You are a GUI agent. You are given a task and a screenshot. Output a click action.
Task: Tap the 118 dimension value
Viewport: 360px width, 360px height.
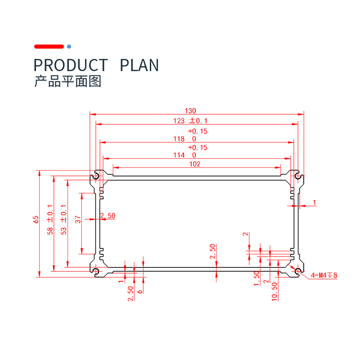[x=179, y=139]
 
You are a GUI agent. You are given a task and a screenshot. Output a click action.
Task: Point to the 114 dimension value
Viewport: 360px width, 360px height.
[x=179, y=155]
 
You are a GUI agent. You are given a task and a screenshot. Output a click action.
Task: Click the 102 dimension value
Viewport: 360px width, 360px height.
[x=194, y=164]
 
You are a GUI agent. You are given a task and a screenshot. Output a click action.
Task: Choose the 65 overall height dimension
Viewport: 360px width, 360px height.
[x=36, y=219]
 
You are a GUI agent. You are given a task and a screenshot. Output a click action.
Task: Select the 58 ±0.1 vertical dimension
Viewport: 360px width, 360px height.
[x=50, y=220]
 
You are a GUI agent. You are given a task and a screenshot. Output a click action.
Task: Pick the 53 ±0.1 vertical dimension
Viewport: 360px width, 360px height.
[x=63, y=220]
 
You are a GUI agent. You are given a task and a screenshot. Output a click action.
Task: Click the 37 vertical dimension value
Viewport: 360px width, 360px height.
[x=77, y=219]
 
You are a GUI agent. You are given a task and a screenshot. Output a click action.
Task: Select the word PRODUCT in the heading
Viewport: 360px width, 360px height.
[x=71, y=65]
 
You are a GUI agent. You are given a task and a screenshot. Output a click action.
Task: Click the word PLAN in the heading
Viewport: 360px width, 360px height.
[x=139, y=65]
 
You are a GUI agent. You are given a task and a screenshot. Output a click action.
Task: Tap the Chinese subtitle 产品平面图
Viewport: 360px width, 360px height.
[x=68, y=81]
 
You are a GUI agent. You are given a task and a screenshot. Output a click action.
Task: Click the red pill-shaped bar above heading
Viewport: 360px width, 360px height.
[x=49, y=46]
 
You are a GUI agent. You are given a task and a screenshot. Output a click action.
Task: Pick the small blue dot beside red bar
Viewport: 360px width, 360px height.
[x=69, y=46]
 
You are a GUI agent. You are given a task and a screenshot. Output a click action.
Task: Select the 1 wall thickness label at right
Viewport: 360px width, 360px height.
[x=315, y=202]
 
